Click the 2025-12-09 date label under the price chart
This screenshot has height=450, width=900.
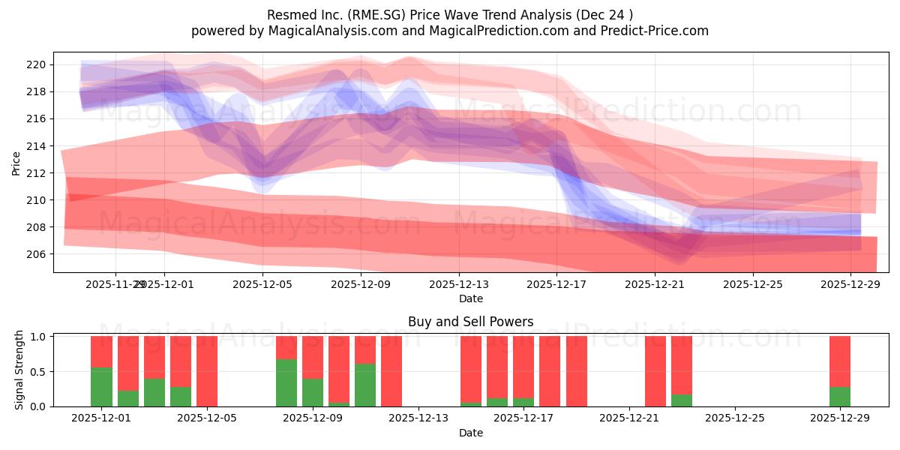[361, 284]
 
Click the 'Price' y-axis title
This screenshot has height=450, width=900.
[16, 162]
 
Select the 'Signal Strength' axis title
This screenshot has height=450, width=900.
[19, 370]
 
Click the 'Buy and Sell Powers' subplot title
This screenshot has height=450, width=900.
[470, 322]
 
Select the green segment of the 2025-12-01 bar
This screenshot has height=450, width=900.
[101, 387]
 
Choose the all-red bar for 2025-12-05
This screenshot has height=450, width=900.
[207, 371]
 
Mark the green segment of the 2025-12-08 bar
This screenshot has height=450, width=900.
[286, 382]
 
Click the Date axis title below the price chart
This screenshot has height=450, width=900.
[470, 298]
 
